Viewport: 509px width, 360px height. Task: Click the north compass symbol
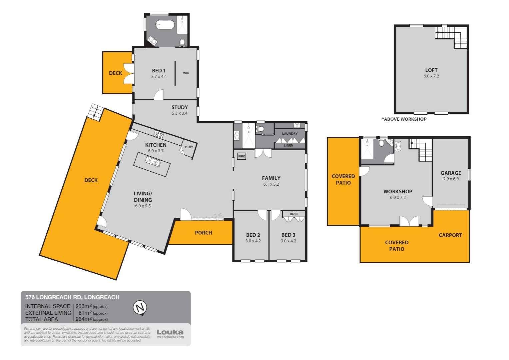click(x=140, y=307)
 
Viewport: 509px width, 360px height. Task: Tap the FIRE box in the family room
click(x=242, y=156)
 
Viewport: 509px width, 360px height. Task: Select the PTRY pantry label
click(x=189, y=147)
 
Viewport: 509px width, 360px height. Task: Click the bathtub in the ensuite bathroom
click(x=165, y=25)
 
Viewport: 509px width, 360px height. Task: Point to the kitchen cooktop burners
click(x=159, y=135)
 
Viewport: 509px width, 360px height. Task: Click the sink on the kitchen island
click(x=153, y=162)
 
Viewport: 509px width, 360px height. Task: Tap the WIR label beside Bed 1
click(x=186, y=73)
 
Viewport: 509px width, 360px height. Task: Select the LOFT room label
click(x=431, y=70)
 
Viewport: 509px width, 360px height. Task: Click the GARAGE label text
click(x=451, y=173)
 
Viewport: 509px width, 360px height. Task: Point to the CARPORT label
click(x=450, y=235)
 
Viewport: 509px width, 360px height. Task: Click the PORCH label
click(x=203, y=233)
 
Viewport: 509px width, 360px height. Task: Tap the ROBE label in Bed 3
click(x=294, y=214)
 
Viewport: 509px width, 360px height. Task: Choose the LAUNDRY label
click(x=289, y=134)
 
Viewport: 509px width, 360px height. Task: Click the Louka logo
click(x=170, y=332)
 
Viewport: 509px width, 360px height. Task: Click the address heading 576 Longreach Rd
click(x=72, y=297)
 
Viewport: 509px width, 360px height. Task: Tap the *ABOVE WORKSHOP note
click(x=404, y=119)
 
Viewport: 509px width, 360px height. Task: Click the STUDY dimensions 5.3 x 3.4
click(x=180, y=113)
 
